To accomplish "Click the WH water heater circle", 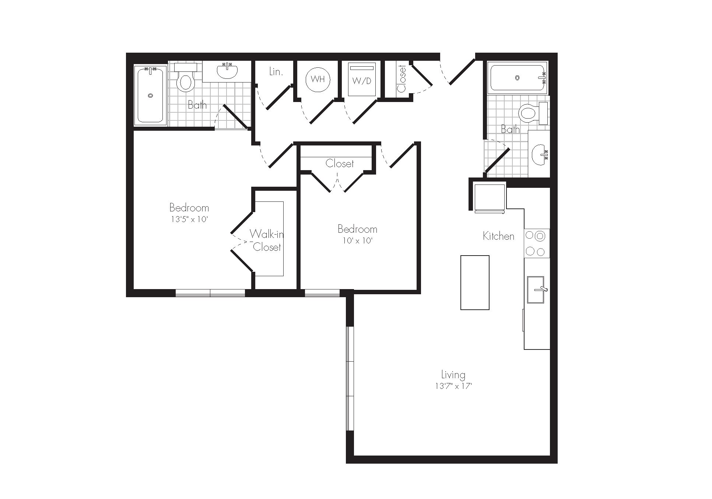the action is tap(318, 79).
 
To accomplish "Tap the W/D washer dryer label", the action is tap(362, 81).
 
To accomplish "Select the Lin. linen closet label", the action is tap(276, 71).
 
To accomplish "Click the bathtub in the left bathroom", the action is tap(150, 95).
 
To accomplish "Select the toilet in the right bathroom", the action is tap(533, 113).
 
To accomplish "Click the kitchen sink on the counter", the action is tap(536, 290).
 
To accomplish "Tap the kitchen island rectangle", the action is tap(475, 282).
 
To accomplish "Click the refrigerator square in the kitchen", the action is tap(489, 198).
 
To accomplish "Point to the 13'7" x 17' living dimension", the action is tap(453, 386).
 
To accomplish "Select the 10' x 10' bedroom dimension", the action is tap(357, 241).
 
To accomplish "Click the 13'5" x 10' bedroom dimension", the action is tap(189, 219).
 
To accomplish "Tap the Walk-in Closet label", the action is tap(267, 240).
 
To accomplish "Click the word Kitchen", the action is tap(498, 236).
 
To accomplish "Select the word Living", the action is tap(453, 375).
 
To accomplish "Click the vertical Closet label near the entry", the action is tap(401, 79).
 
